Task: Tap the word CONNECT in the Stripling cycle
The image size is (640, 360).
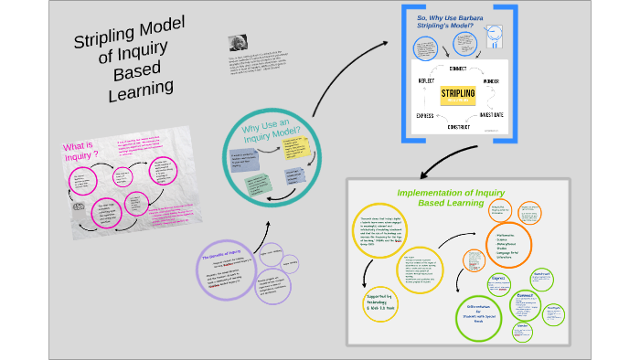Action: (458, 69)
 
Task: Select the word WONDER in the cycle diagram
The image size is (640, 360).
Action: (496, 81)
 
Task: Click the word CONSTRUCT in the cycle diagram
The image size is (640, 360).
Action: (458, 127)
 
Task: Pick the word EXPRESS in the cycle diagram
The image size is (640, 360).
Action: (421, 116)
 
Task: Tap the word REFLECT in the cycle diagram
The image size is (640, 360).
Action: (421, 81)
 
